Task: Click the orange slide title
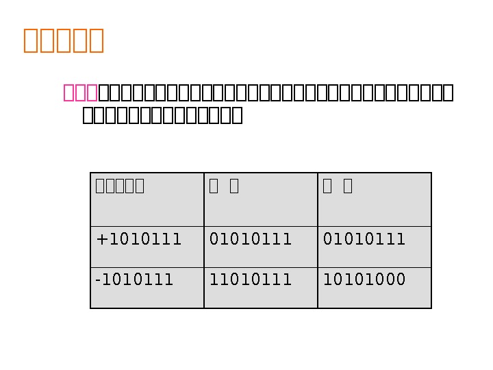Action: click(x=63, y=40)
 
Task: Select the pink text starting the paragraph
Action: click(x=81, y=92)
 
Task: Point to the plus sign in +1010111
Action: click(x=101, y=240)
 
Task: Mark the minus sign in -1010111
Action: click(x=97, y=280)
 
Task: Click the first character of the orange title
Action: click(x=31, y=40)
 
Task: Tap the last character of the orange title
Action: click(x=96, y=40)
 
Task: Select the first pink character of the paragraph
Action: click(x=69, y=92)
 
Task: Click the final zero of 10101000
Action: click(x=401, y=280)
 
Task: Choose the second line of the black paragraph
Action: click(x=162, y=115)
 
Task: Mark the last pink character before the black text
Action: click(x=92, y=92)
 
